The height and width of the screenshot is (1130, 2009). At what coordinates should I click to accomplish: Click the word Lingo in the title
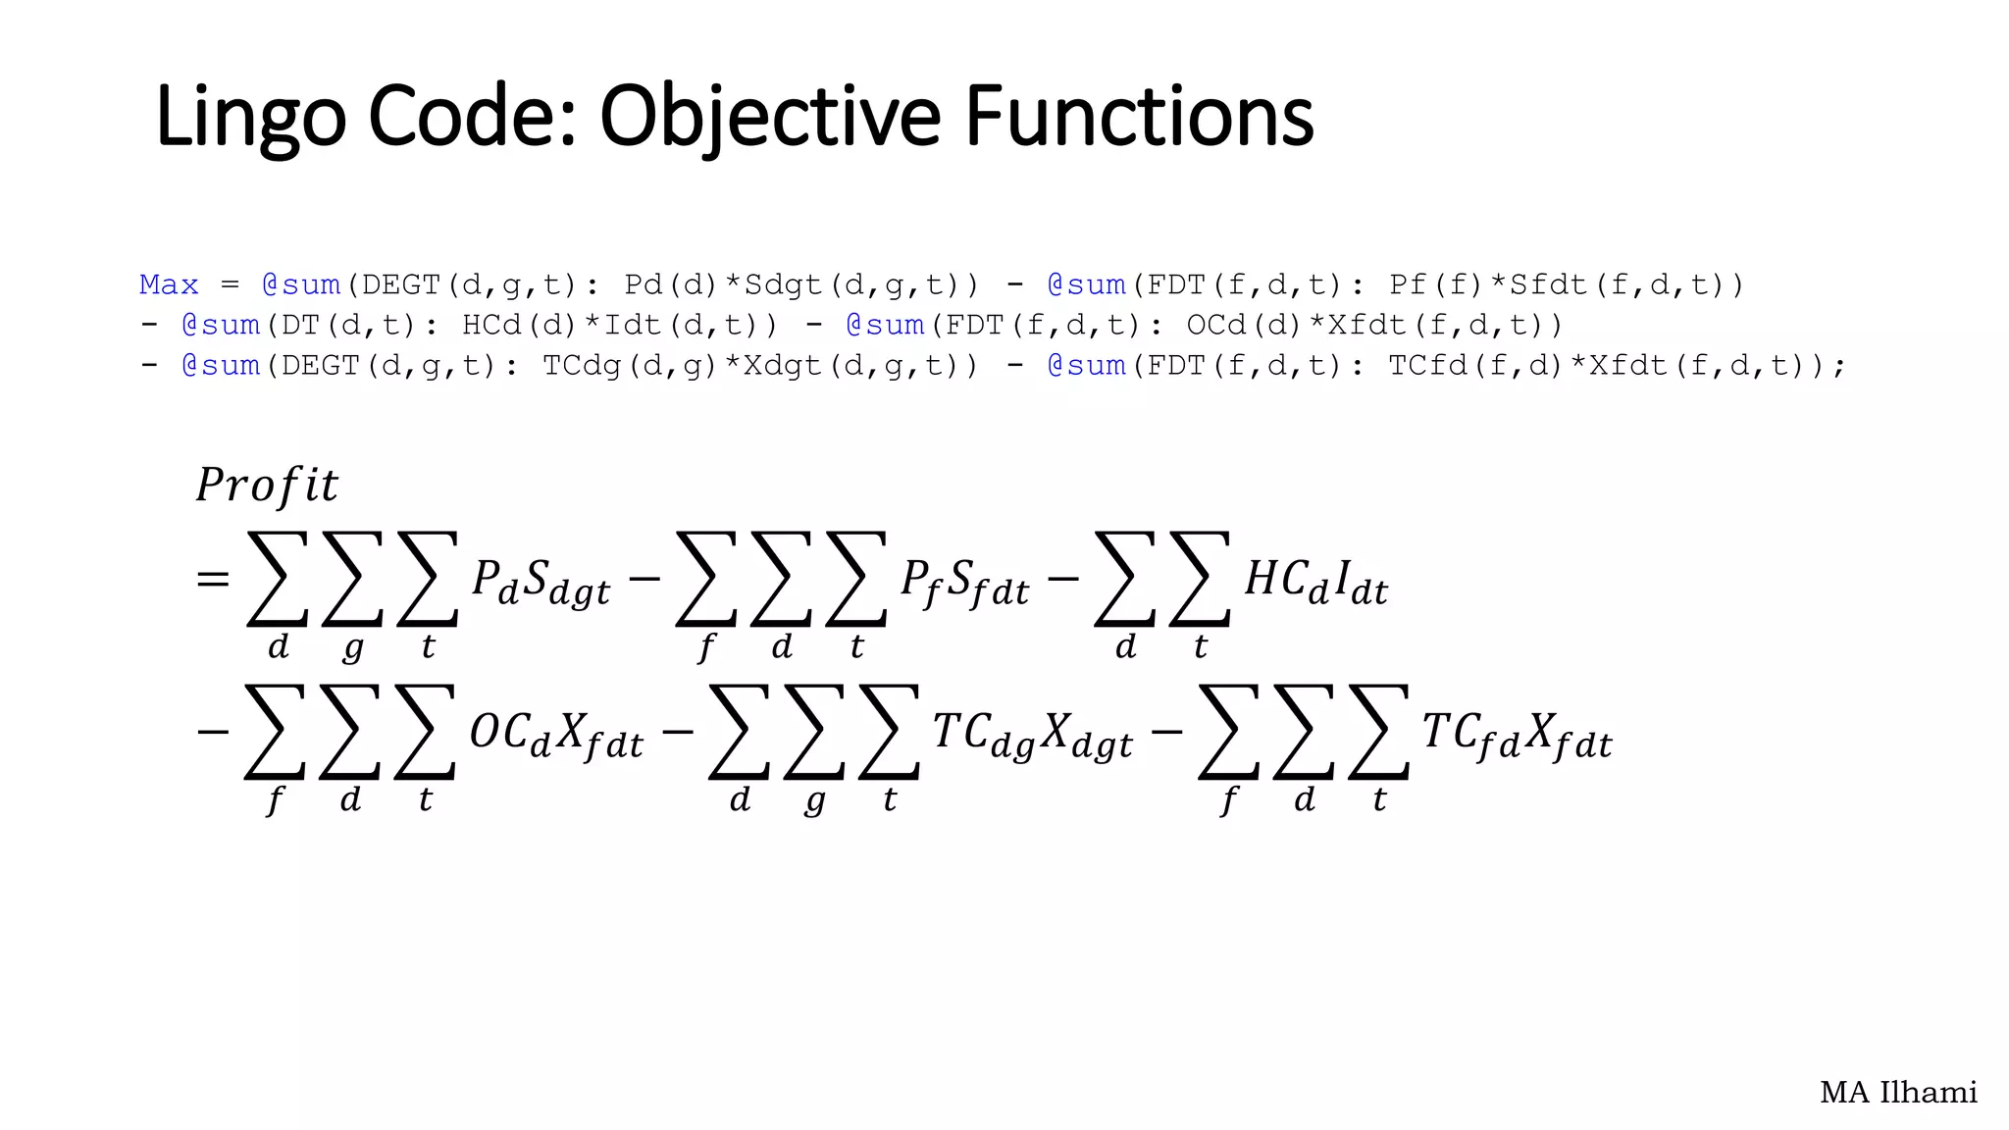click(250, 118)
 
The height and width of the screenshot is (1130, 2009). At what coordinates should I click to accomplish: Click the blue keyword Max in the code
click(169, 285)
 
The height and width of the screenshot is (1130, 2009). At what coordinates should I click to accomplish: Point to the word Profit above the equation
click(267, 485)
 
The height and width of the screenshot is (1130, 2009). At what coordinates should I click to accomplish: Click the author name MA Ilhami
click(1898, 1092)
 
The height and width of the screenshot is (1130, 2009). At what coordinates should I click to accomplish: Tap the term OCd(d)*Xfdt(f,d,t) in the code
click(1374, 326)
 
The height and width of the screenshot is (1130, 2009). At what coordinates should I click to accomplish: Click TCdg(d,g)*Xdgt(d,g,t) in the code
click(760, 366)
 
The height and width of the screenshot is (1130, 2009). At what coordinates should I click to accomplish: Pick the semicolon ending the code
click(1839, 367)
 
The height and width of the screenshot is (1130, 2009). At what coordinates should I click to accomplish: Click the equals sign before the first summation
click(213, 580)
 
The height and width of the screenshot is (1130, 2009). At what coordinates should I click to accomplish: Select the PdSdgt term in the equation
click(541, 581)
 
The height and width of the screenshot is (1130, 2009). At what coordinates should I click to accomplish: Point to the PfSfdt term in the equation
click(965, 582)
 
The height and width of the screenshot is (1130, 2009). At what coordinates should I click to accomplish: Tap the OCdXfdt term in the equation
click(556, 735)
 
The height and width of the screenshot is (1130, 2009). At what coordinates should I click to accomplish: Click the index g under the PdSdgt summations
click(353, 648)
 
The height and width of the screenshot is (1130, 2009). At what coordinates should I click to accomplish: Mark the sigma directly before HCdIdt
click(1200, 579)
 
